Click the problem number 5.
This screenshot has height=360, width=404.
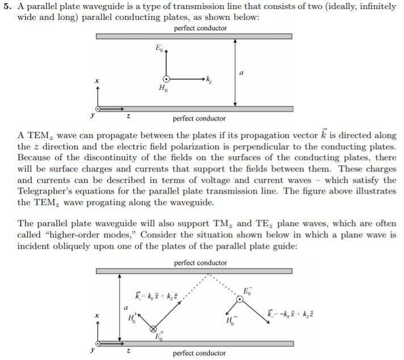pos(7,7)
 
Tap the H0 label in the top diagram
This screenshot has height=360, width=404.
pos(163,89)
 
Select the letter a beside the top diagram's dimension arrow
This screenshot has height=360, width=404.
pos(242,73)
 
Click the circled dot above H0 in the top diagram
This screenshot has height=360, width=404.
pos(166,79)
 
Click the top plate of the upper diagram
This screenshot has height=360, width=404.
pos(194,36)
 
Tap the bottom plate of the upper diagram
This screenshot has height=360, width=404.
pos(194,108)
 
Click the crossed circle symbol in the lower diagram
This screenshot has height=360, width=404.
pos(153,329)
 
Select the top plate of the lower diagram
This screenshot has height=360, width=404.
pos(194,270)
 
